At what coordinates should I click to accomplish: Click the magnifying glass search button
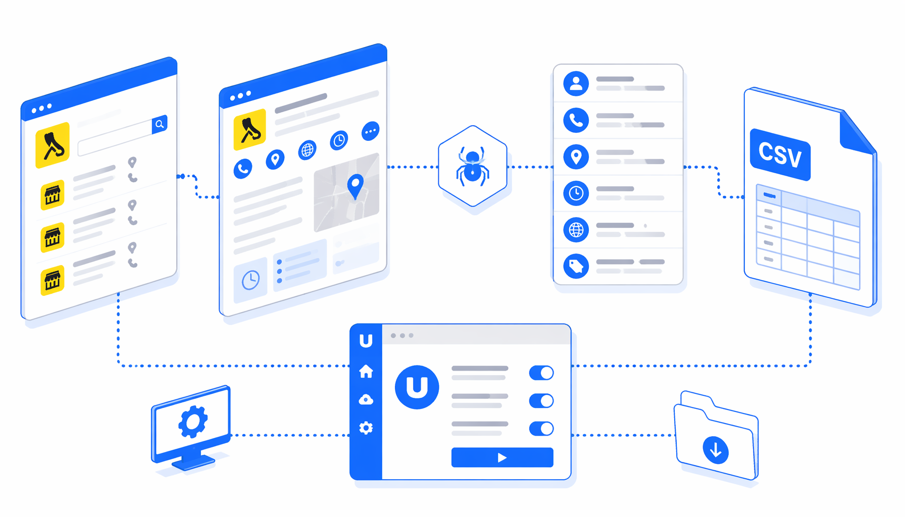click(x=160, y=124)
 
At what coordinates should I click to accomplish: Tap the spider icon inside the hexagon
click(x=472, y=165)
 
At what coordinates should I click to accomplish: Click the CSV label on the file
click(x=780, y=154)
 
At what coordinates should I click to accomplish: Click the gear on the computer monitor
click(x=193, y=422)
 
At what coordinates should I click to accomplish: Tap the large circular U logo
click(x=417, y=387)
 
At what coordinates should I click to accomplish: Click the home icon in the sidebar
click(x=366, y=371)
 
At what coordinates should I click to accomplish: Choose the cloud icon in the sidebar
click(x=366, y=400)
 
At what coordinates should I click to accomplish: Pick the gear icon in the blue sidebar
click(x=366, y=428)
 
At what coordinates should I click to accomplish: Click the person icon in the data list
click(x=576, y=83)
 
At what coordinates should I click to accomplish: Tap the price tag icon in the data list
click(x=576, y=266)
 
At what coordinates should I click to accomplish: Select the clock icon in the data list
click(x=576, y=193)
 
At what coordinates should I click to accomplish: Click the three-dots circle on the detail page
click(x=371, y=131)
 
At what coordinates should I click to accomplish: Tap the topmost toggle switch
click(x=541, y=373)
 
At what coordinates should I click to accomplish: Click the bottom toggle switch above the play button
click(x=541, y=429)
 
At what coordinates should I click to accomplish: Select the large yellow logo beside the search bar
click(x=53, y=145)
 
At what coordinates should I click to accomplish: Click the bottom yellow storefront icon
click(x=53, y=280)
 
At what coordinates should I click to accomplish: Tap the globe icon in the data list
click(x=576, y=230)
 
